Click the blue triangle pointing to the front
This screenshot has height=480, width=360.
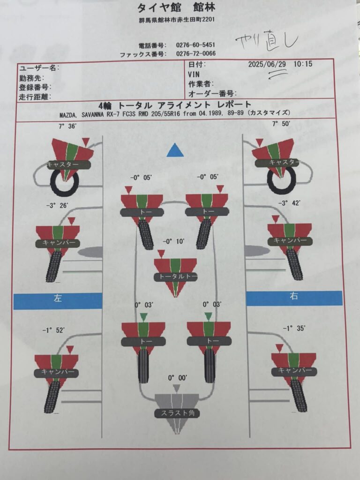point(175,150)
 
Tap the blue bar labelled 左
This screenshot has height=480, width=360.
point(58,300)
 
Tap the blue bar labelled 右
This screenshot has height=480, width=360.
point(294,298)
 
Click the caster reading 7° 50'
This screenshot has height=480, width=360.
point(281,124)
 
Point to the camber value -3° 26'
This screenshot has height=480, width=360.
point(57,205)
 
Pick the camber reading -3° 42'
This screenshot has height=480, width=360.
point(289,203)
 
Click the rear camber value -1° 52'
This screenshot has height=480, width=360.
point(53,330)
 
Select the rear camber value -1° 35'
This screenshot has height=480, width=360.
point(294,329)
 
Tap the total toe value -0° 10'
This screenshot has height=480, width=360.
point(173,241)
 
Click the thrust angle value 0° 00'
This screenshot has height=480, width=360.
point(178,378)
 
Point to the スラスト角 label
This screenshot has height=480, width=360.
point(178,413)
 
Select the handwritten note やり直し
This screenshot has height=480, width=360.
point(266,41)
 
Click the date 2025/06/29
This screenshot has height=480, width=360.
point(267,64)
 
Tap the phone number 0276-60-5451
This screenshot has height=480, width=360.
point(195,45)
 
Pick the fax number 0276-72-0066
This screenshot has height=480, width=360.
point(195,53)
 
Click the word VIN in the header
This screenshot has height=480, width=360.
point(194,75)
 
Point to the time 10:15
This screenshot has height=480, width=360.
point(303,64)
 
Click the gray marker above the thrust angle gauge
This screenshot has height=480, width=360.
point(176,389)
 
